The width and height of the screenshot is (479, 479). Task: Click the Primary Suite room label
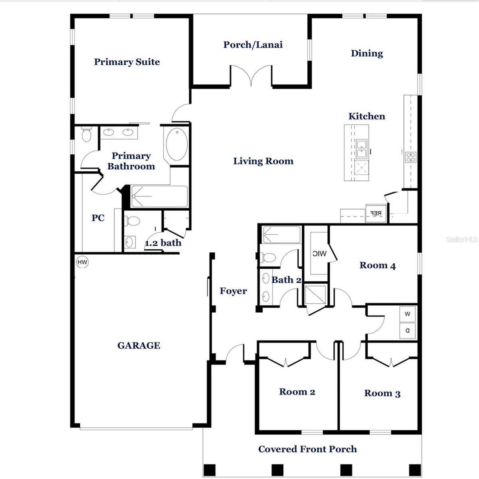(x=127, y=62)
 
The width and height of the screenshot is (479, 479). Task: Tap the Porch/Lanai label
(x=253, y=45)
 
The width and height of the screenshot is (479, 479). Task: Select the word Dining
(x=366, y=53)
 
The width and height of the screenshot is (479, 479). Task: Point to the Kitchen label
(x=366, y=117)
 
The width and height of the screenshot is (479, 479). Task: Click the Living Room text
(x=263, y=161)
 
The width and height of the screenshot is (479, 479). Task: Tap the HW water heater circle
(x=82, y=262)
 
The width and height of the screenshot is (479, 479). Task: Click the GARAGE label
(x=139, y=346)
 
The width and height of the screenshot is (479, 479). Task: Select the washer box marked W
(x=408, y=314)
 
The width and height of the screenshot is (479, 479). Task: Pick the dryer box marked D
(x=408, y=331)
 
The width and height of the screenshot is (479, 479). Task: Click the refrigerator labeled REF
(x=376, y=213)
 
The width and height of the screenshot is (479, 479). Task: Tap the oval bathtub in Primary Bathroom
(x=177, y=144)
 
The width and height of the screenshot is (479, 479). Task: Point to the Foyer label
(x=233, y=291)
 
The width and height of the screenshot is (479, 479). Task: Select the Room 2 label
(x=297, y=392)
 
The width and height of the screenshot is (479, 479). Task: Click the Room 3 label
(x=382, y=394)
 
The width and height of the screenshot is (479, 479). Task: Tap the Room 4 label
(x=377, y=265)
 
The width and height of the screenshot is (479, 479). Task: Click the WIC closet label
(x=319, y=253)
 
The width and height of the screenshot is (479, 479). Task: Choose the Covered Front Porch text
(x=307, y=449)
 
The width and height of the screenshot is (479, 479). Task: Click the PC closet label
(x=98, y=218)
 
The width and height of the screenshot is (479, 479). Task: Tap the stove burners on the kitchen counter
(x=410, y=157)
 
